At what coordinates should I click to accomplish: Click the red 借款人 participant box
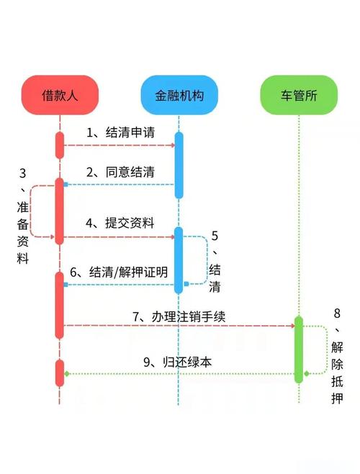click(x=60, y=94)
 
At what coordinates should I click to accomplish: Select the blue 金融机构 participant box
click(x=178, y=94)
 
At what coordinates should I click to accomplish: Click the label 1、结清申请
click(x=120, y=133)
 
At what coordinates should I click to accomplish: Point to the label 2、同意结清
click(x=120, y=173)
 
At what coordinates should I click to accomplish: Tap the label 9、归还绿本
click(x=177, y=363)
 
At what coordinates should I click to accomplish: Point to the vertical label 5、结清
click(x=215, y=263)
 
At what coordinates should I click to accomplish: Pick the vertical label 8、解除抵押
click(x=338, y=355)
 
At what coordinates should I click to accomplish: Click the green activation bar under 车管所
click(x=298, y=350)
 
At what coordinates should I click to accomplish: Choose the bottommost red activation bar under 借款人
click(x=60, y=373)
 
